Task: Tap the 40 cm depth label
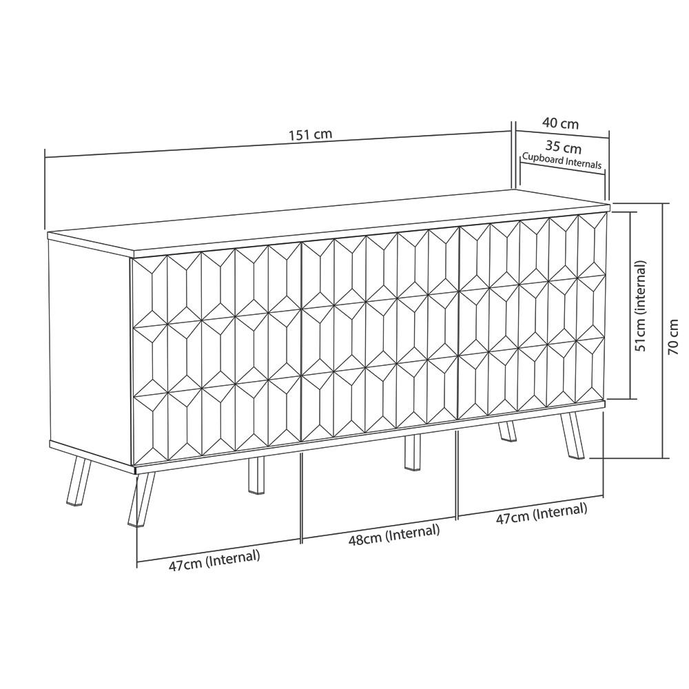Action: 560,124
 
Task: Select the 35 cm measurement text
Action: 563,147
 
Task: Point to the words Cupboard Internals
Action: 562,161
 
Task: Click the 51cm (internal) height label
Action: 641,306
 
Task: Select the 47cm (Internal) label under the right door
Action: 542,514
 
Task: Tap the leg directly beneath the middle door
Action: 412,452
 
